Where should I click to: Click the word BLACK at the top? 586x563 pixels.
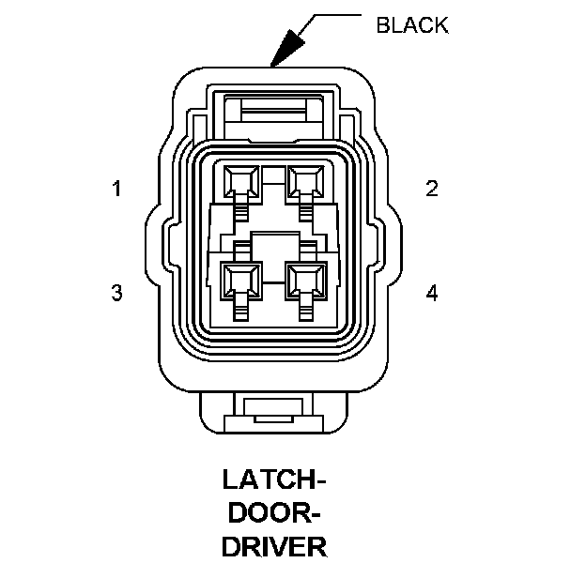pos(411,25)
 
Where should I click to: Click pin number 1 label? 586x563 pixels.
pos(116,190)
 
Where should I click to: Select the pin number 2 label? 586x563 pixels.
pos(432,190)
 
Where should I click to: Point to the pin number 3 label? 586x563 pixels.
pos(116,293)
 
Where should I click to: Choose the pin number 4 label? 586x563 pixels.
pos(432,293)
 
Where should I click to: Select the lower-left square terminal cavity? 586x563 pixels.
pos(241,279)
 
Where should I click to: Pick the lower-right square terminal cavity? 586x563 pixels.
pos(306,279)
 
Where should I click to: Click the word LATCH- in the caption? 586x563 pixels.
pos(274,481)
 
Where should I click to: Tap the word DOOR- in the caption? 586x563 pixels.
pos(274,513)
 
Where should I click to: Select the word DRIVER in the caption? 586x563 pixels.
pos(274,545)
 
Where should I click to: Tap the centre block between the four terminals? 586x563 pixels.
pos(273,247)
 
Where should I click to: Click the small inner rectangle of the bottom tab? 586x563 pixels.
pos(274,406)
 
